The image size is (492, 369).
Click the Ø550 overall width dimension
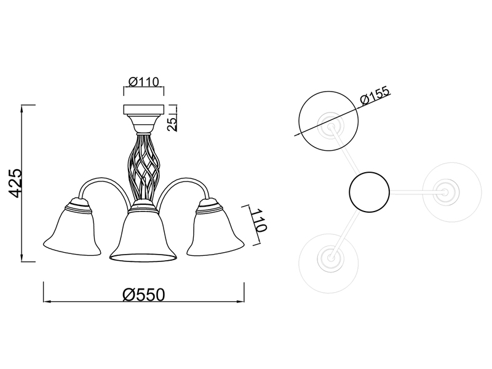pos(144,295)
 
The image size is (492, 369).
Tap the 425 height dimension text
pos(15,183)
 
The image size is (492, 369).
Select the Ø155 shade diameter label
pos(375,95)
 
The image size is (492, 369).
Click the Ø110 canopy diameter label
pos(144,82)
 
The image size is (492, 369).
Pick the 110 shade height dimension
pos(260,220)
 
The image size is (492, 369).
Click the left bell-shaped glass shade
pos(73,229)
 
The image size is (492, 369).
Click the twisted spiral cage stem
pos(144,165)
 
